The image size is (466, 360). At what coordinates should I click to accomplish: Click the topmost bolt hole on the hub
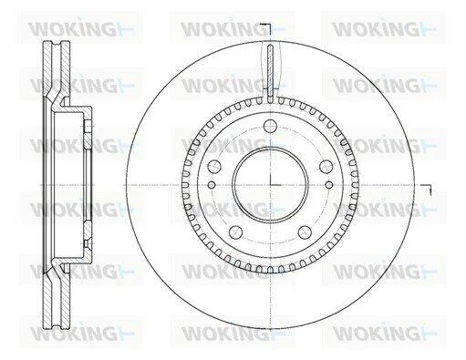(x=270, y=126)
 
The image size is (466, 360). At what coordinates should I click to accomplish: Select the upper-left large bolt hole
(x=214, y=166)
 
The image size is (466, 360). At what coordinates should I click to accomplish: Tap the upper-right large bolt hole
(x=326, y=166)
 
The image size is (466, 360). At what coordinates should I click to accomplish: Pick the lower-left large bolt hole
(x=235, y=232)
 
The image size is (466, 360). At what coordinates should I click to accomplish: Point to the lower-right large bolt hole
(x=305, y=232)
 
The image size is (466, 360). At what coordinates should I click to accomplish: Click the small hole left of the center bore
(x=212, y=184)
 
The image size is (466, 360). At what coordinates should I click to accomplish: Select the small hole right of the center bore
(x=329, y=184)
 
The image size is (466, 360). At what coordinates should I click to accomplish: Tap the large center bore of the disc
(x=270, y=184)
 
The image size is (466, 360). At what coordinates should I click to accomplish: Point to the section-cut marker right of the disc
(x=427, y=189)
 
